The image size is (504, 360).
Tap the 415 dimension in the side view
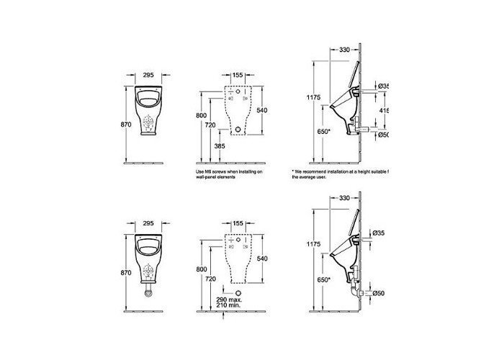tap(383, 110)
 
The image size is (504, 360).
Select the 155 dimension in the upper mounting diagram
tap(237, 73)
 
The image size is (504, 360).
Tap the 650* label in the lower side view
tap(323, 279)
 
